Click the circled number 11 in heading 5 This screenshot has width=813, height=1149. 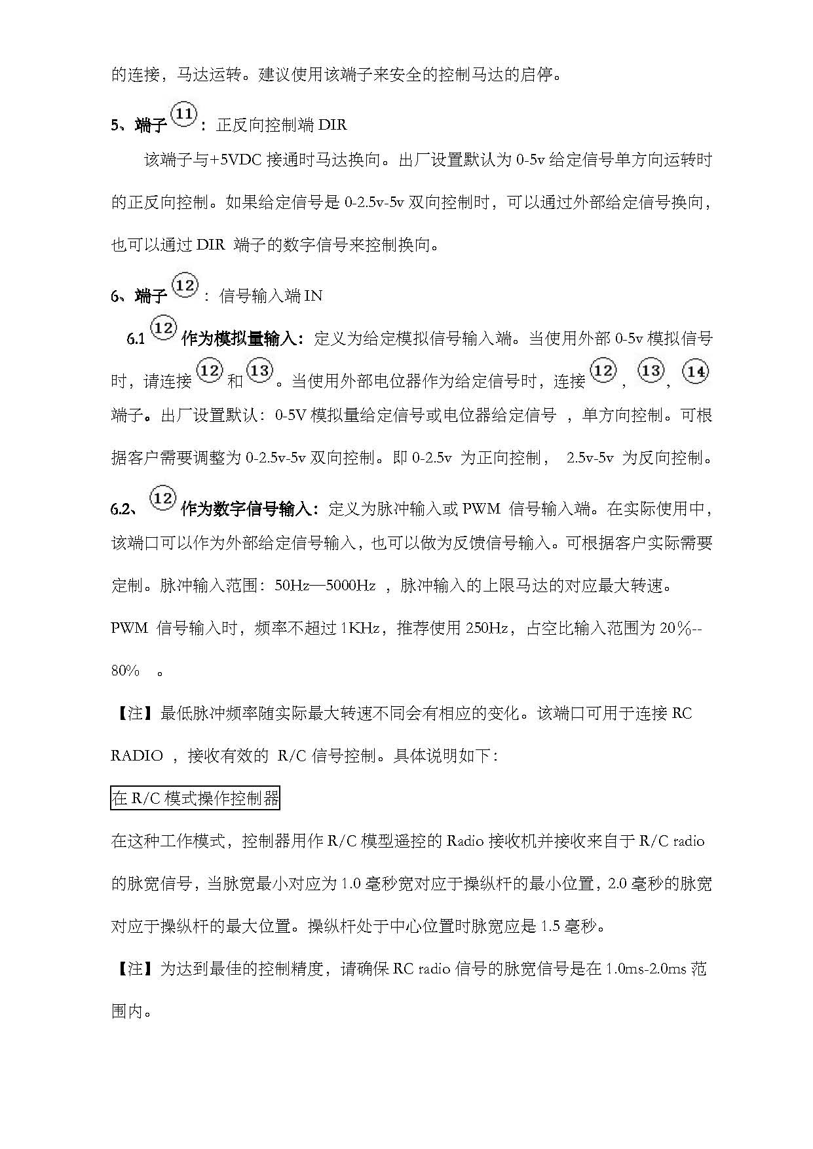coord(184,115)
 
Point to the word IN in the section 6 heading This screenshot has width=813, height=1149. coord(313,296)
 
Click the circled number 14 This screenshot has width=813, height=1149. coord(695,372)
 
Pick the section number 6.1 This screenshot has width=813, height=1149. coord(136,339)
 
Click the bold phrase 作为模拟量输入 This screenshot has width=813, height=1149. coord(242,339)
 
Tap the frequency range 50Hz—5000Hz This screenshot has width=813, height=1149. coord(325,586)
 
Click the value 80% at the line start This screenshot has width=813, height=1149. coord(125,671)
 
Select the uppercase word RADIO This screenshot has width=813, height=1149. coord(136,756)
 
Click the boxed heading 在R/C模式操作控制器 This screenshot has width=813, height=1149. coord(195,799)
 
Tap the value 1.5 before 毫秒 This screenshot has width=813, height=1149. coord(550,926)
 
